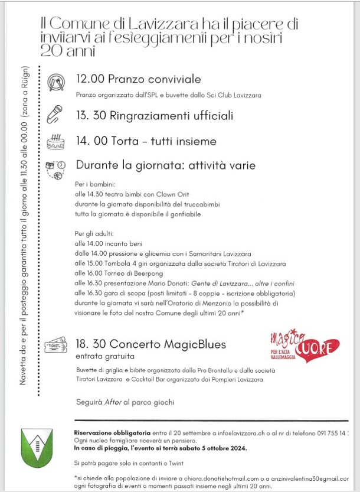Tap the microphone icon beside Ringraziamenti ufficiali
54,113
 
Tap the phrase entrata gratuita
105,356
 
